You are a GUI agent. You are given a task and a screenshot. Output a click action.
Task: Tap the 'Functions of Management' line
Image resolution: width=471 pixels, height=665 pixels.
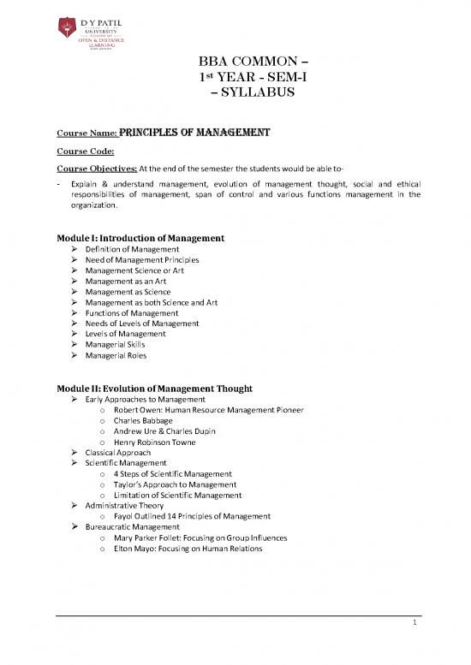click(x=131, y=313)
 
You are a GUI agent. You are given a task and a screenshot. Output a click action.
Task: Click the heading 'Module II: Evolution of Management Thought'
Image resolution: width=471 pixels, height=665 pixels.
click(x=158, y=387)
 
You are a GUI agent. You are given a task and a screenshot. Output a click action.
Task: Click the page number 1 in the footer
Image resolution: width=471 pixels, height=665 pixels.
click(x=413, y=625)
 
